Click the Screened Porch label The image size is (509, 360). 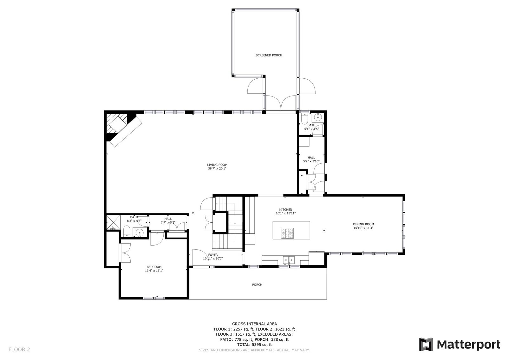269,56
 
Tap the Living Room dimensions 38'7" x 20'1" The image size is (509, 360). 217,169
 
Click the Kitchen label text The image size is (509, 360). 285,210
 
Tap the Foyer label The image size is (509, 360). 213,255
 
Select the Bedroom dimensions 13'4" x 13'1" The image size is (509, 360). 154,271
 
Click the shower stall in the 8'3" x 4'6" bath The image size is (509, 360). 113,223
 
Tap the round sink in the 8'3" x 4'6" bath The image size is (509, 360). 139,233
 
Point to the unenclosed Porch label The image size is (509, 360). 257,285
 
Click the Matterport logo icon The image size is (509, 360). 426,344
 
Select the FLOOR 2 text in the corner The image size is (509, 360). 19,350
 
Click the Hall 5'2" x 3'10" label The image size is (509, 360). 311,159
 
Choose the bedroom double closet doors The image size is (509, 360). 125,252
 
